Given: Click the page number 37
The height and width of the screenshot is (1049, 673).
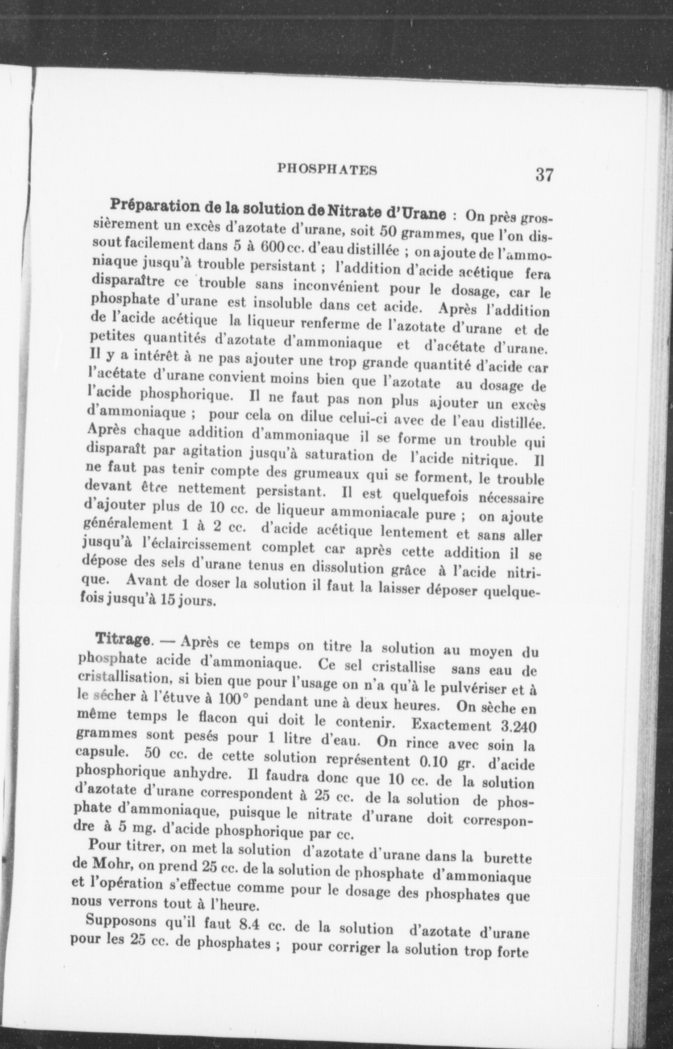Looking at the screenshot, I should click(x=544, y=174).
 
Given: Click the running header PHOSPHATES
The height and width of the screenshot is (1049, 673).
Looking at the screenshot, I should click(x=327, y=169).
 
